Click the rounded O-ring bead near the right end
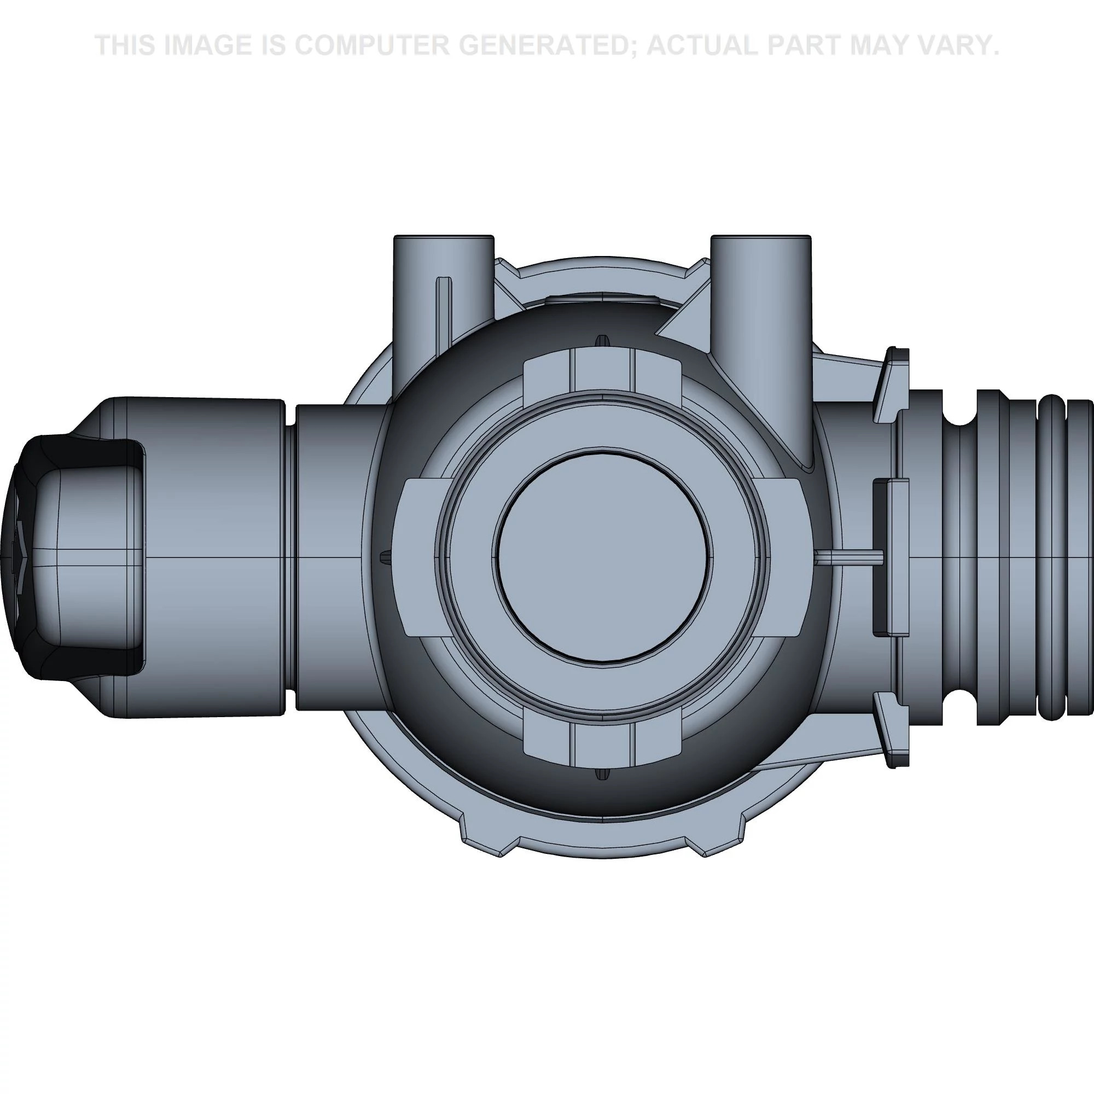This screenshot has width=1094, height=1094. tap(1051, 557)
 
